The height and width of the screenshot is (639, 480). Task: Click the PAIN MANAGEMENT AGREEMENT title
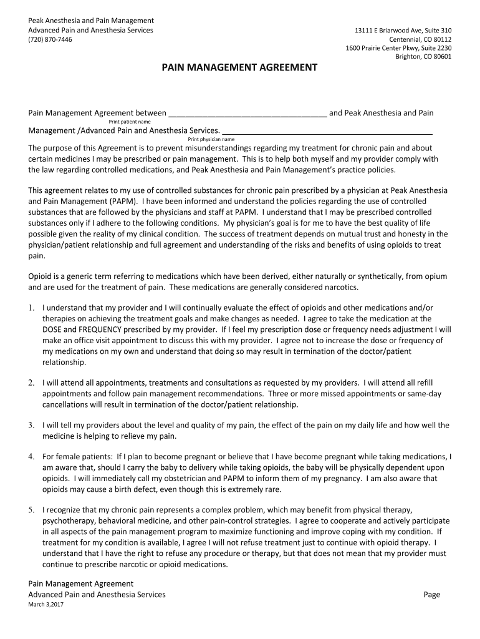pyautogui.click(x=240, y=67)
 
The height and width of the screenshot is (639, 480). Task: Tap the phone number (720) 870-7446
pyautogui.click(x=50, y=39)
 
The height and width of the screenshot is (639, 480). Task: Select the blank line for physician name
pyautogui.click(x=327, y=132)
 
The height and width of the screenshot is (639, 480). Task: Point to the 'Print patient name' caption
pyautogui.click(x=130, y=122)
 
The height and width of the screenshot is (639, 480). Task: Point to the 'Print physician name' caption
pyautogui.click(x=211, y=139)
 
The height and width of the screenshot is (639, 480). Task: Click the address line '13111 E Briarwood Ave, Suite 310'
pyautogui.click(x=403, y=31)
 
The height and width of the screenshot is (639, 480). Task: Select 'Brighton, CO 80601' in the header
pyautogui.click(x=424, y=57)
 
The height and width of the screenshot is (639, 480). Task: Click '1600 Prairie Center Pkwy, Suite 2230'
pyautogui.click(x=399, y=48)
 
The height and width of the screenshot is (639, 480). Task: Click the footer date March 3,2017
pyautogui.click(x=46, y=605)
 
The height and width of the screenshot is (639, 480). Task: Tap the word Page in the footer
pyautogui.click(x=431, y=595)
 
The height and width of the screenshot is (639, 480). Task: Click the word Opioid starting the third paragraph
pyautogui.click(x=41, y=276)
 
